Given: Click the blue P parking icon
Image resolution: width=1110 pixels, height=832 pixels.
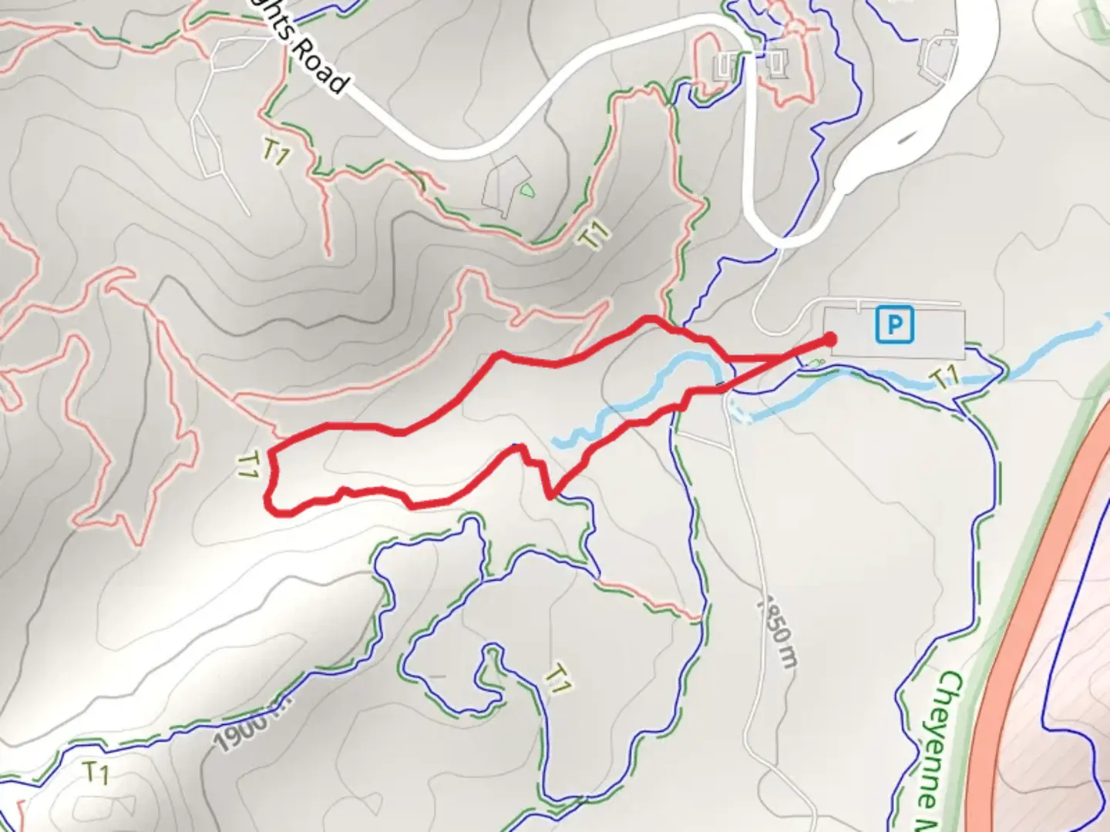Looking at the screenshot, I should click(894, 324).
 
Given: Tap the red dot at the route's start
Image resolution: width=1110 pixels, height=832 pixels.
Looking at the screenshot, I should click(830, 339).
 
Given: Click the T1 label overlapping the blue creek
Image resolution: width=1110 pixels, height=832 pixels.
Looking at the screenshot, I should click(944, 377).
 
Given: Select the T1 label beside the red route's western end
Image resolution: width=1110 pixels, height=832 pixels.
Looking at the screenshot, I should click(247, 465).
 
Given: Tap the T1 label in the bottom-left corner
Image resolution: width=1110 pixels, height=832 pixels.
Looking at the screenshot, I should click(96, 772).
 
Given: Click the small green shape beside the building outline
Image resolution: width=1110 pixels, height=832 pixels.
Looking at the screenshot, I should click(526, 190).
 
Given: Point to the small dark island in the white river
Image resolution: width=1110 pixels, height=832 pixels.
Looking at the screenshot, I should click(902, 142).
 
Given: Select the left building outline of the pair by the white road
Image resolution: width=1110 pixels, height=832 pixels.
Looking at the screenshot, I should click(728, 66).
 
